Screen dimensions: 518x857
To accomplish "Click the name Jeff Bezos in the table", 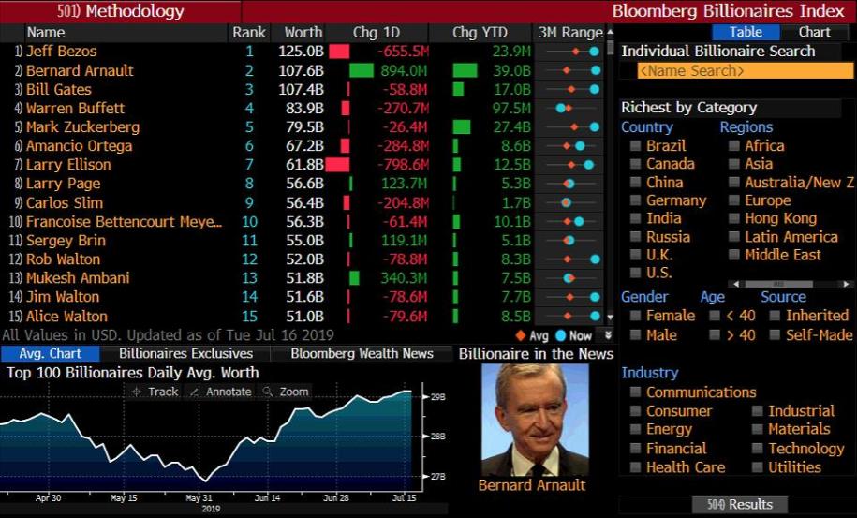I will point(61,52).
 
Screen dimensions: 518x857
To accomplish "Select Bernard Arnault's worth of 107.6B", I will point(301,70).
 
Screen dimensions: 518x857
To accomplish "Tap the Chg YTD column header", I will point(479,32).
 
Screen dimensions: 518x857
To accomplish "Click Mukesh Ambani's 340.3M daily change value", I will point(404,278).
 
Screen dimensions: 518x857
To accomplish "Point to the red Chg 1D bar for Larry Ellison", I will point(337,165).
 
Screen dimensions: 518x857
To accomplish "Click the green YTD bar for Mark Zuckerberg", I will point(461,127).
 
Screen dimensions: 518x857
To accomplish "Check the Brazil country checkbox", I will point(636,146).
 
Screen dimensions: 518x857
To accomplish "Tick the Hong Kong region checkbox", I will point(734,218).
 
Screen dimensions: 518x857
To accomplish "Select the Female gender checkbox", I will point(636,317).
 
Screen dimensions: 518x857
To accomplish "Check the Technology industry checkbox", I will point(758,449).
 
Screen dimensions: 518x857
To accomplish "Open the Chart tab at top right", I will point(814,32).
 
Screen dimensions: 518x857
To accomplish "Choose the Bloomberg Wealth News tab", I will point(362,354).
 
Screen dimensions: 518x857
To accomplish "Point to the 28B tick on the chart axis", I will point(437,437).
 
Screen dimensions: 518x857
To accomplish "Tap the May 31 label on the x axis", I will point(199,497).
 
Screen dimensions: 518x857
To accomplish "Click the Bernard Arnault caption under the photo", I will point(532,485).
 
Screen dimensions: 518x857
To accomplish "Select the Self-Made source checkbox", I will point(775,335).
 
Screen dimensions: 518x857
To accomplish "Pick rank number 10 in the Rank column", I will point(248,222).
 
